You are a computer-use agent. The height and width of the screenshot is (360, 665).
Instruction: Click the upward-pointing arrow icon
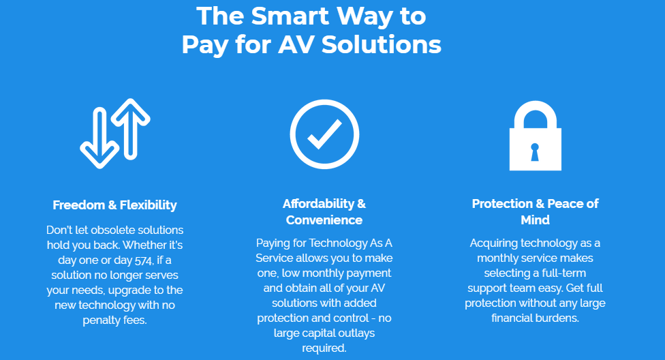pos(131,127)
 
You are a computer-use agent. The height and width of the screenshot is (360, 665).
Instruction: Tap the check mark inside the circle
pos(325,134)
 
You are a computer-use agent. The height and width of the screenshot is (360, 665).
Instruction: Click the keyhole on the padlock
pos(535,152)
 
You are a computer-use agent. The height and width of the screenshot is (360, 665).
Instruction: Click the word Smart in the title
pos(290,16)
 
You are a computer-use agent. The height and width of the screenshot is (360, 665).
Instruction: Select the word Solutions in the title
pos(382,44)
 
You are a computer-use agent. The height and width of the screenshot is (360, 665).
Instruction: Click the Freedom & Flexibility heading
pos(114,205)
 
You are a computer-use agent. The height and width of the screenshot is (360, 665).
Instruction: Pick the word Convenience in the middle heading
pos(324,220)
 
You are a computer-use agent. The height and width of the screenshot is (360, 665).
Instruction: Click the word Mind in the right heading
pos(536,220)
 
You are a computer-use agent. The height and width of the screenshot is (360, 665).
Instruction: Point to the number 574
pos(144,260)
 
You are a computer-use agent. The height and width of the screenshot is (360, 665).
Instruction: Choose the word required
pos(324,348)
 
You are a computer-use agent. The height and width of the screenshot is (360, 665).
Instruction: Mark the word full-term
pos(562,273)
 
